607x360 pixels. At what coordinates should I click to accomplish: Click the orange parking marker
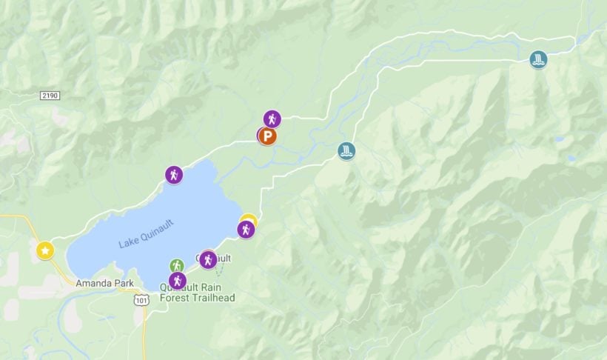[x=268, y=136]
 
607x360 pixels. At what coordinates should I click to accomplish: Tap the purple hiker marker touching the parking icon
[x=272, y=119]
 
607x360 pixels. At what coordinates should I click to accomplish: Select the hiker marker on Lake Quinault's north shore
[x=173, y=175]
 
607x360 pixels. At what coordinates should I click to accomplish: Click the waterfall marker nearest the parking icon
[x=346, y=151]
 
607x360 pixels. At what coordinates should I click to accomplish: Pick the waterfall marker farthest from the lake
[x=538, y=59]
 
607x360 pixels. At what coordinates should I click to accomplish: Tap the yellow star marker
[x=46, y=250]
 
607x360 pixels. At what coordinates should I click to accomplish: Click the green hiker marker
[x=176, y=265]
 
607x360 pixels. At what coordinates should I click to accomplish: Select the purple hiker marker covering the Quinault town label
[x=208, y=259]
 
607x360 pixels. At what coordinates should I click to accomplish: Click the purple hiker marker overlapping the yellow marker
[x=246, y=230]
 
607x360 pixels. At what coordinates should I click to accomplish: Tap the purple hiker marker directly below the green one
[x=177, y=281]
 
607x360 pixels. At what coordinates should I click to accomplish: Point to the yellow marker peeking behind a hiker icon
[x=249, y=219]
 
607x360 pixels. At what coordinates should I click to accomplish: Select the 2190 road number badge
[x=50, y=96]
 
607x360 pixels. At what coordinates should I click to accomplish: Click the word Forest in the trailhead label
[x=175, y=298]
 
